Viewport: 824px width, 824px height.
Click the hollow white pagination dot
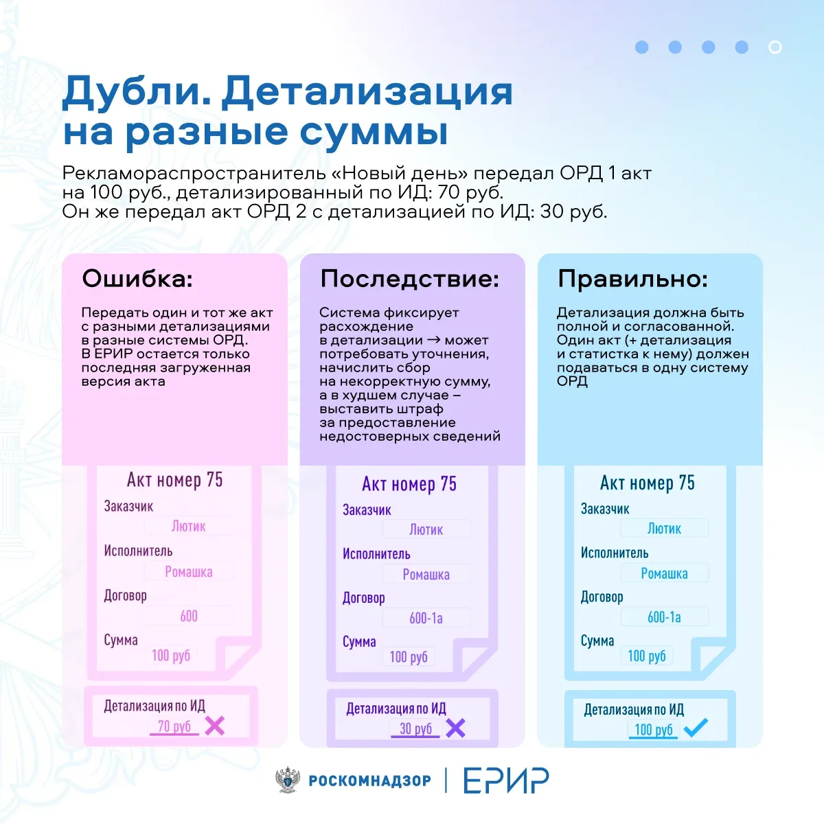[775, 47]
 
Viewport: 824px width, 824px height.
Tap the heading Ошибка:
[137, 279]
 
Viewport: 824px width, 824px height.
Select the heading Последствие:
[410, 279]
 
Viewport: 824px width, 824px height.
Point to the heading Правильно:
[633, 279]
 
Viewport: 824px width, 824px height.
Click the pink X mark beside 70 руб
[214, 726]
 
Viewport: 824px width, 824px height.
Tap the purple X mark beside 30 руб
[455, 728]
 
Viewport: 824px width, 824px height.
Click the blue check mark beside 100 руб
[696, 727]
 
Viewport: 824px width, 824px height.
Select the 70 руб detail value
[174, 726]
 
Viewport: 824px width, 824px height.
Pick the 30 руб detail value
[415, 729]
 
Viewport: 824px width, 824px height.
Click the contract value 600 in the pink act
[189, 616]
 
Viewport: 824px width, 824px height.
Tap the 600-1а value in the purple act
[426, 618]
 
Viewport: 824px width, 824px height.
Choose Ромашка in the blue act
[664, 573]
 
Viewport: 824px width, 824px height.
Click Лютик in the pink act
[189, 526]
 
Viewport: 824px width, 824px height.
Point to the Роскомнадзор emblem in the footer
[288, 779]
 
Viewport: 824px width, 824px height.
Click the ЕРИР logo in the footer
[506, 780]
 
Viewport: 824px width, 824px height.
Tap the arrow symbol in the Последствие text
[433, 340]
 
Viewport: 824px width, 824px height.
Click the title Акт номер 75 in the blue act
[648, 483]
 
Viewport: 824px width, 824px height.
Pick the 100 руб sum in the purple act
[409, 657]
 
